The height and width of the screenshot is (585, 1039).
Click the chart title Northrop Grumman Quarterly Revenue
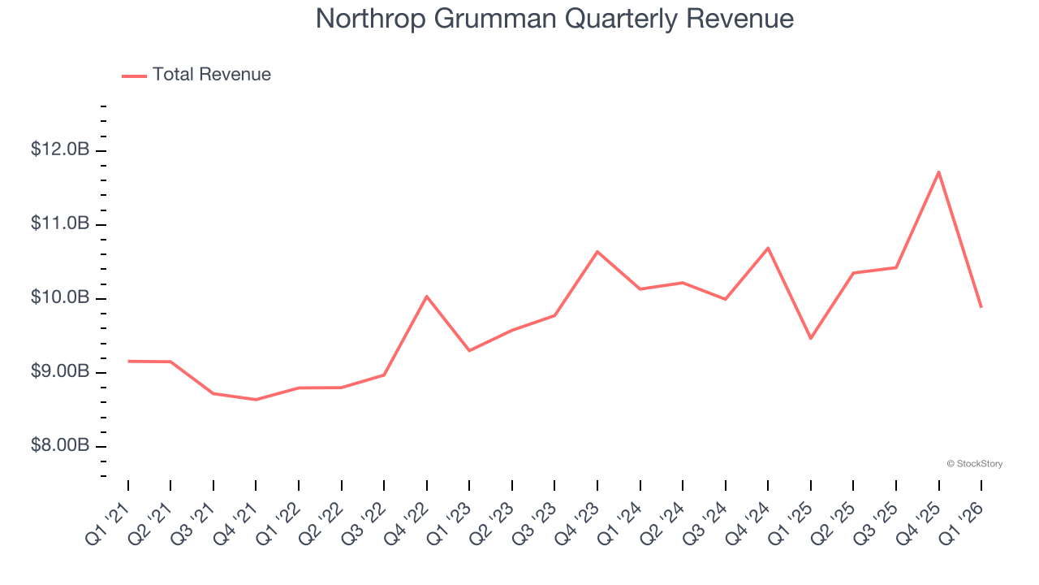tap(554, 19)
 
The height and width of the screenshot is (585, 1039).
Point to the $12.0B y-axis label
tap(60, 150)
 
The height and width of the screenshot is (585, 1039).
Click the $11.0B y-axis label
tap(60, 224)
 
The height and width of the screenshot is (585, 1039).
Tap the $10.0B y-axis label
tap(60, 298)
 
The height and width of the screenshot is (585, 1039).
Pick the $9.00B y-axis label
tap(60, 372)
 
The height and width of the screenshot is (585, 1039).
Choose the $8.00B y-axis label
tap(60, 446)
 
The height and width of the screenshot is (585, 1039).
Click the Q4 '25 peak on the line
tap(938, 171)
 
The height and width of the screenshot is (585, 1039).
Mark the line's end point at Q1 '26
tap(981, 307)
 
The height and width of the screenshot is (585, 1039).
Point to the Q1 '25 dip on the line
tap(810, 338)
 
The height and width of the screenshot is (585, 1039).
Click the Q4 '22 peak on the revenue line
tap(427, 296)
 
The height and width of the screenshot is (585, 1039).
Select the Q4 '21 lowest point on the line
tap(256, 400)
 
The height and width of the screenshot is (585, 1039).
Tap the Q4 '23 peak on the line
tap(597, 251)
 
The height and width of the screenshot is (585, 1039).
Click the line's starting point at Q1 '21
tap(128, 361)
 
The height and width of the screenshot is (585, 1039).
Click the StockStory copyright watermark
tap(974, 464)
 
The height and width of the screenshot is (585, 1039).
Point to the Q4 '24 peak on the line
tap(768, 248)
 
